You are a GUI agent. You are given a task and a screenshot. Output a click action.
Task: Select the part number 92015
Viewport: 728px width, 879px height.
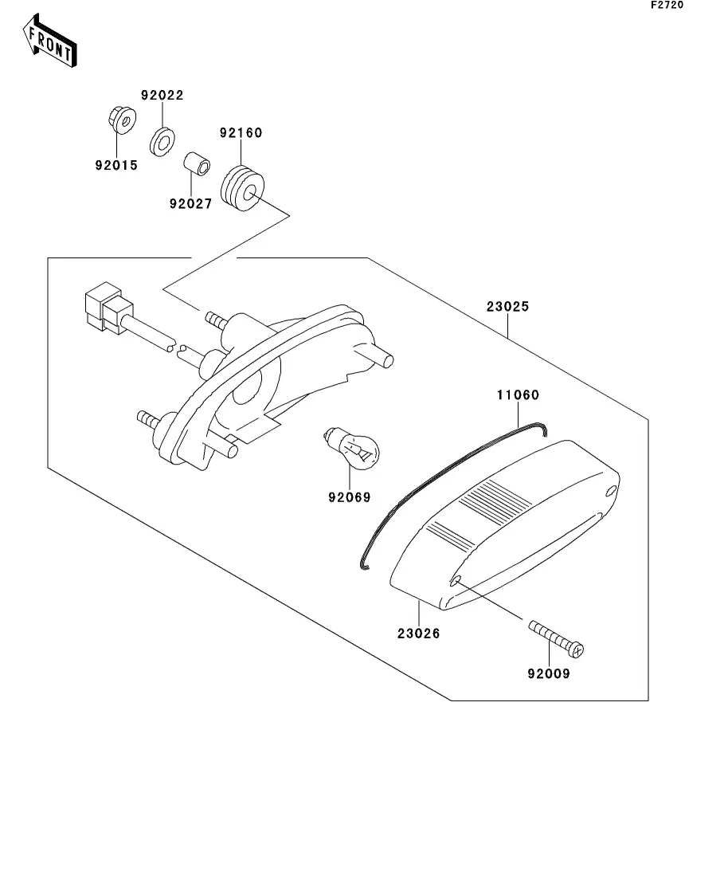[116, 166]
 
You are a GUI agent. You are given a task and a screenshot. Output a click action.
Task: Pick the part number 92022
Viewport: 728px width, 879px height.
[162, 95]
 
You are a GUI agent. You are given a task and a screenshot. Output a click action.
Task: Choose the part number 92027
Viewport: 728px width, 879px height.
[190, 203]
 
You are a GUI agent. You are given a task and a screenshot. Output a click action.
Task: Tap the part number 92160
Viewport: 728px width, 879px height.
[241, 132]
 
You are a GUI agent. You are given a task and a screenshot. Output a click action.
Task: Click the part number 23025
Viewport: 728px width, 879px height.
[507, 306]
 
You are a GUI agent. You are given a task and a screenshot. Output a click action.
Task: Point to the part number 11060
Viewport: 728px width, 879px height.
[518, 394]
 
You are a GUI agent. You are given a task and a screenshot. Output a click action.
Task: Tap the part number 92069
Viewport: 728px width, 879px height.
[349, 498]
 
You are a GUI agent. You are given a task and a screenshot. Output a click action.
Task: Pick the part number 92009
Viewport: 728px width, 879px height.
[549, 673]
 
